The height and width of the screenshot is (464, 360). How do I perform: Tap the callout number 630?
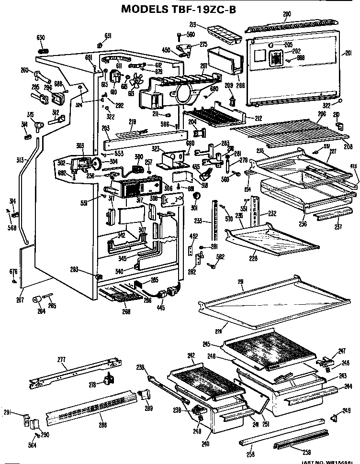pyautogui.click(x=41, y=37)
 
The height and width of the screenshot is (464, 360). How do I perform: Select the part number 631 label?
pyautogui.click(x=108, y=35)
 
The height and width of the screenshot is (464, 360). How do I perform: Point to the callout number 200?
pyautogui.click(x=287, y=14)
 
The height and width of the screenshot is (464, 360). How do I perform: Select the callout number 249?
pyautogui.click(x=346, y=410)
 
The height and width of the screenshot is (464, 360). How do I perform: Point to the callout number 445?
pyautogui.click(x=160, y=308)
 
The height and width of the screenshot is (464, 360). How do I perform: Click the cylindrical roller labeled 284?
pyautogui.click(x=36, y=299)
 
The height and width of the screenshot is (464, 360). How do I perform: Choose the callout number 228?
pyautogui.click(x=253, y=258)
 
